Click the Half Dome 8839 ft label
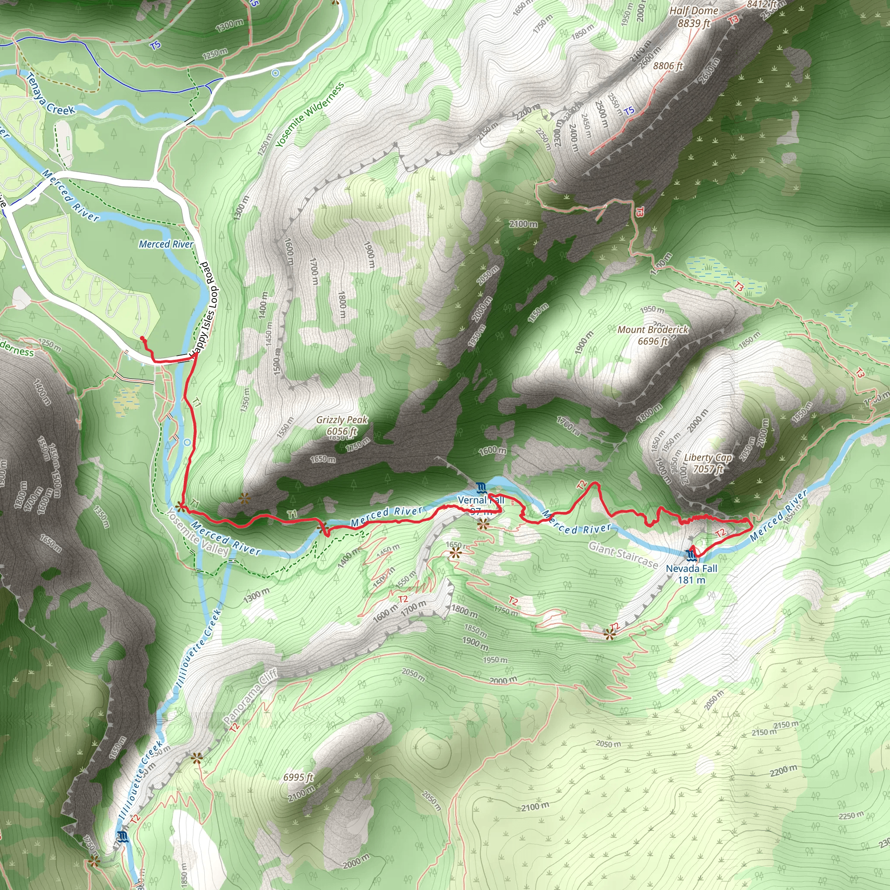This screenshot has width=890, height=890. coord(693,17)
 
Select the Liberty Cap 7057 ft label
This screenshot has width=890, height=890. coord(708,463)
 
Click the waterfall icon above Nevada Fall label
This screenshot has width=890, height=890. coord(691,555)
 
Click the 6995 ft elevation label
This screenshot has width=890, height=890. coord(298,777)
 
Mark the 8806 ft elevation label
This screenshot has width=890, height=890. coord(668,66)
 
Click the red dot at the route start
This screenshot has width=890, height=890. coord(143,339)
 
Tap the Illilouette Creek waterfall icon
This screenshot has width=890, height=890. coord(123,837)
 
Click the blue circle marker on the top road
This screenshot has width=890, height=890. coord(275,73)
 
